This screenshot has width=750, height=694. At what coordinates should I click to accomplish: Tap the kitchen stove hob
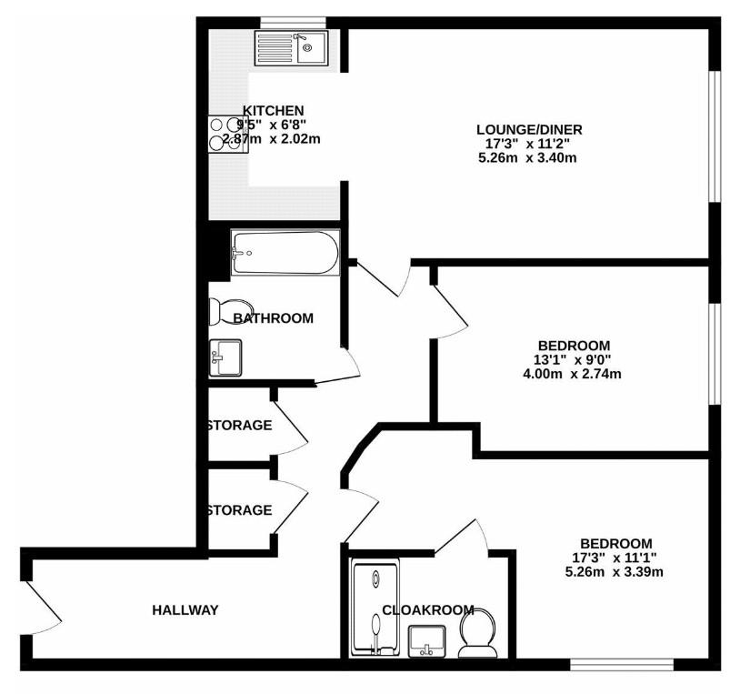point(227,134)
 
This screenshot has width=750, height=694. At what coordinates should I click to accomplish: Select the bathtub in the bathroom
point(285,252)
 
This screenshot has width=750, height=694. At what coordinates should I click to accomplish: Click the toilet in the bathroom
point(221,311)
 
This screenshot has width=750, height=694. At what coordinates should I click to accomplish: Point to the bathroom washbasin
point(225,357)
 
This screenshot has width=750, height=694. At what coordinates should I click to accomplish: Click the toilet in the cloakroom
point(477,633)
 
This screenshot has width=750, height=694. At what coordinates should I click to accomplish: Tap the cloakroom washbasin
point(426,640)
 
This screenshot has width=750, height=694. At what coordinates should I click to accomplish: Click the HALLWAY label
point(185,609)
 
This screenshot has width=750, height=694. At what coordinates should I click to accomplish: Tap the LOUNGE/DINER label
point(528,129)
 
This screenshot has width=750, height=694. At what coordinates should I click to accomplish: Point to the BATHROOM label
point(273,318)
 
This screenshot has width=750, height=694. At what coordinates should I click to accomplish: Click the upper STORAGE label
point(239,425)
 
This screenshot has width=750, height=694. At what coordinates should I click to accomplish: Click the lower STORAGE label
point(239,510)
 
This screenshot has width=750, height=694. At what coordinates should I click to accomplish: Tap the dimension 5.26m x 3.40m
point(528,157)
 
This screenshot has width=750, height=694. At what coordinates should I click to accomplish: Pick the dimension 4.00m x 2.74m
point(573,374)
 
